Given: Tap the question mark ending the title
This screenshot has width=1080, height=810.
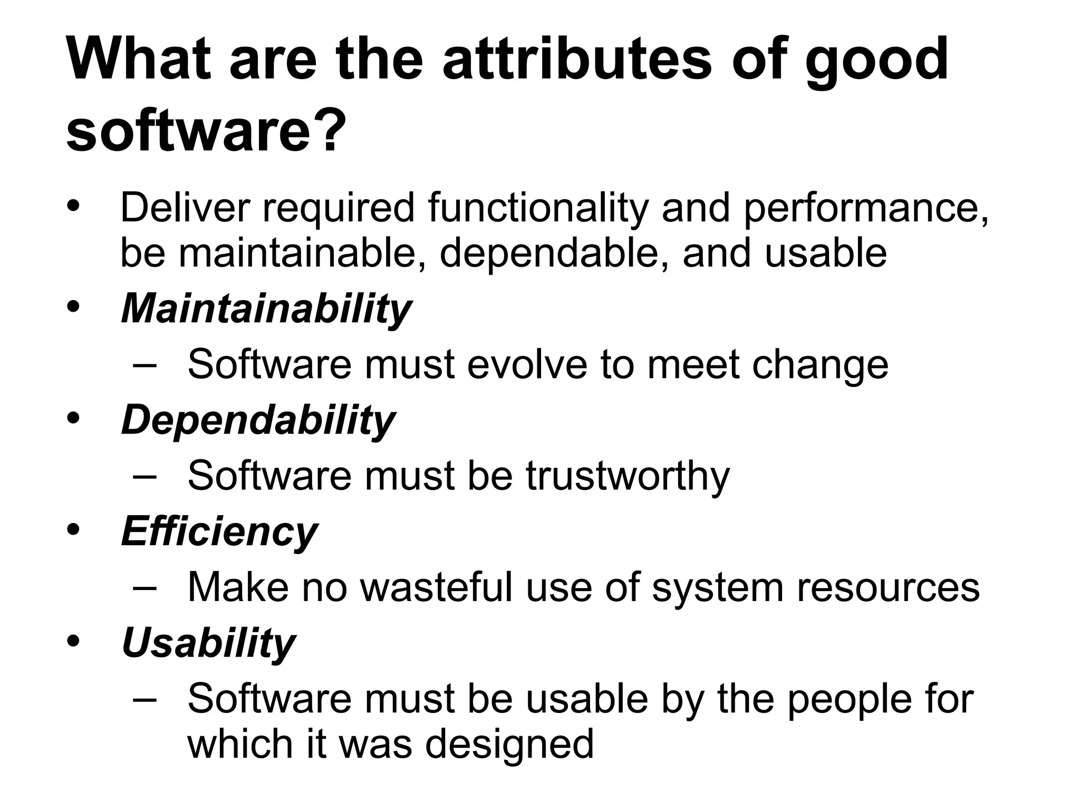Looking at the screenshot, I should pos(333,130).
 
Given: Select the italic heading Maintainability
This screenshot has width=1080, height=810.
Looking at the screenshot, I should pos(266,308).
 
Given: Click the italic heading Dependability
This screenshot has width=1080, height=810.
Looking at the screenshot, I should pos(258,420).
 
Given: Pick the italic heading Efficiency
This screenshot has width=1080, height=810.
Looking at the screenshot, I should pos(219,532).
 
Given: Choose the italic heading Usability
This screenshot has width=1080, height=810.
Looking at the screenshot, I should pos(208,643).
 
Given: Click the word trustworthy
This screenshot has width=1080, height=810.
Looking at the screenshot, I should pos(628,476).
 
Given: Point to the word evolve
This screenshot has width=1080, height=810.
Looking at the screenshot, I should pos(527,364).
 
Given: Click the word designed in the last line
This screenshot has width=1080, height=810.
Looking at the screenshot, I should pos(509,744).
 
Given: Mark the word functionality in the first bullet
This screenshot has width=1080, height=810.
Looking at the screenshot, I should pos(538,208).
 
